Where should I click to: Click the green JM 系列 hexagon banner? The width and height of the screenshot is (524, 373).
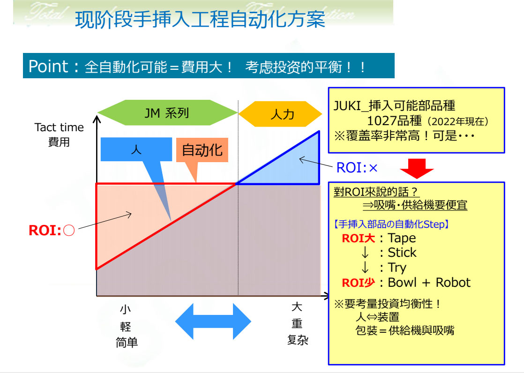167,112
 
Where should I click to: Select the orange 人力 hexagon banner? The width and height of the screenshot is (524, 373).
280,114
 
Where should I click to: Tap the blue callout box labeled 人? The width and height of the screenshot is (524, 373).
136,149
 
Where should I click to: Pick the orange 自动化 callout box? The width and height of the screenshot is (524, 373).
202,150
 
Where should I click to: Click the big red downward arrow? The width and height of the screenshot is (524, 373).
417,168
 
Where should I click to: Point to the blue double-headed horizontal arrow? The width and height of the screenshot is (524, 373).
213,321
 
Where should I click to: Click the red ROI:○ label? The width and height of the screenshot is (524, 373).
52,230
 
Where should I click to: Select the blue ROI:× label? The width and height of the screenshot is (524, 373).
357,168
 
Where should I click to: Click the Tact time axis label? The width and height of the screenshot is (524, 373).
59,127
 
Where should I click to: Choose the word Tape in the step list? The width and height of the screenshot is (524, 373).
402,238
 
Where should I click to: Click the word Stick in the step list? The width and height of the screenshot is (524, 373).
402,253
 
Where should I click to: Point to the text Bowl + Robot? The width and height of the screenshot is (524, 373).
429,283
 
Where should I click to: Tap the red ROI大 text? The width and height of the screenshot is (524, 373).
358,239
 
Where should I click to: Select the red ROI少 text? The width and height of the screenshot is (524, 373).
358,283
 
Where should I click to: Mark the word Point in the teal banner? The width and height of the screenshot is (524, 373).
48,66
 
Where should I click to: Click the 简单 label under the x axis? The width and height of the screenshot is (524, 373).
127,343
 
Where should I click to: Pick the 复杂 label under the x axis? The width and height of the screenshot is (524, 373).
298,340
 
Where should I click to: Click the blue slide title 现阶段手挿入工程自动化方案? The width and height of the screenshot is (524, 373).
200,19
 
